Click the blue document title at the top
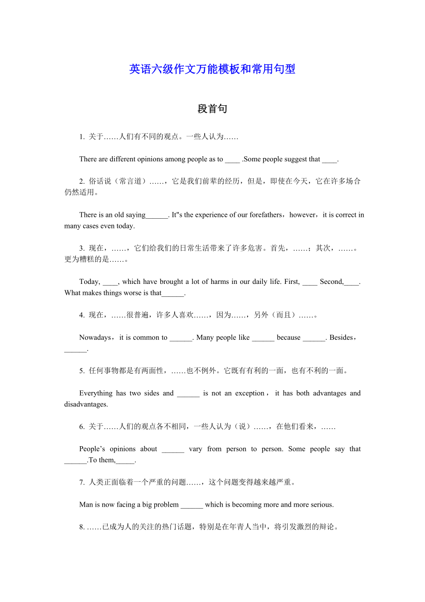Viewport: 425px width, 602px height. coord(212,69)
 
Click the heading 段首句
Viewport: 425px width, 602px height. coord(212,109)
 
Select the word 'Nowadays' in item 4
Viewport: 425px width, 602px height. coord(95,338)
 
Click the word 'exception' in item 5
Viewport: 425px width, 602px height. coord(249,393)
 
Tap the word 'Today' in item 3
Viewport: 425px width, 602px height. coord(89,282)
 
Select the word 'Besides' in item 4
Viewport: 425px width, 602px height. coord(341,338)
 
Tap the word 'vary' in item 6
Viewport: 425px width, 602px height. coord(195,449)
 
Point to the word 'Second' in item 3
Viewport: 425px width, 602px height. coord(331,282)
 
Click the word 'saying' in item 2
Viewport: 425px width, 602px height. coord(135,215)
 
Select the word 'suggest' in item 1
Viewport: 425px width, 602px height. coord(297,159)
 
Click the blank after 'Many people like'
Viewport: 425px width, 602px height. coord(263,338)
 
